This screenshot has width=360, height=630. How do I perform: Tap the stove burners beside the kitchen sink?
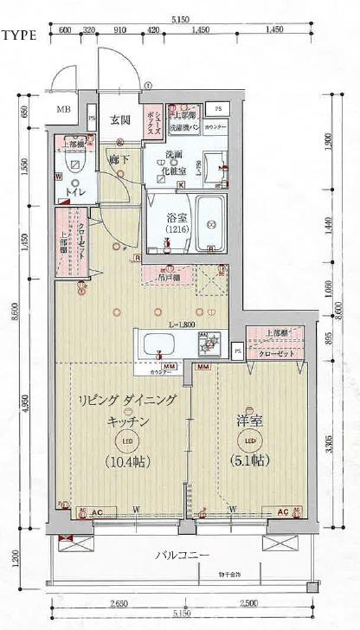pos(208,344)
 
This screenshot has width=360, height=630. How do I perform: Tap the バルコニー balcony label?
pos(181,555)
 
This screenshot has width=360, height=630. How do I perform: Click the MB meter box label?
pos(64,109)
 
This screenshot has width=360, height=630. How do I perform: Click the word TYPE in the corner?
pos(17,36)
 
